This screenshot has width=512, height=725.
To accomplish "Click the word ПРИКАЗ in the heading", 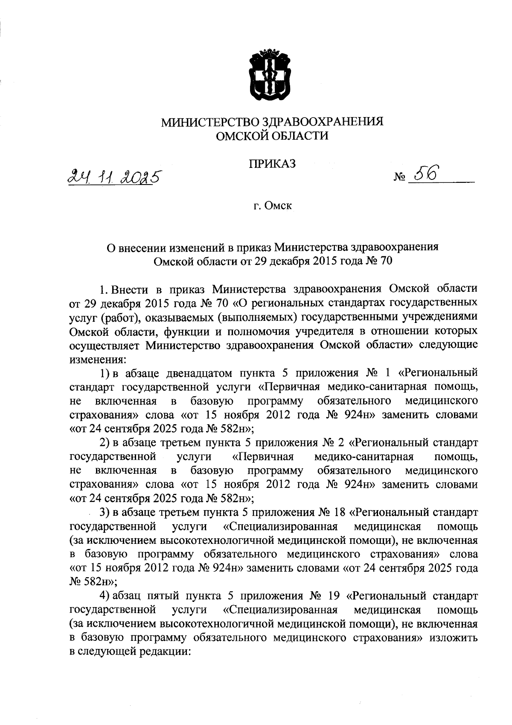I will click(x=272, y=164).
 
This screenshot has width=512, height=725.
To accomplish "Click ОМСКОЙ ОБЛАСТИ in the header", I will click(x=272, y=136).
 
